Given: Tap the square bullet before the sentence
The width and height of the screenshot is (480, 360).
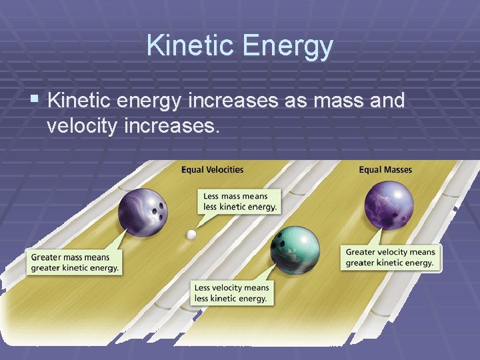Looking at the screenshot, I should click(35, 101).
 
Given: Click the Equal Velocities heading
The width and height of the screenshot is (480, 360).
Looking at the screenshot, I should click(212, 169).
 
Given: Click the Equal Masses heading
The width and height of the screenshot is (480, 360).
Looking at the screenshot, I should click(385, 169).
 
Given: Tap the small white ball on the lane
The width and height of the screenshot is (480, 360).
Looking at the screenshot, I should click(191, 234).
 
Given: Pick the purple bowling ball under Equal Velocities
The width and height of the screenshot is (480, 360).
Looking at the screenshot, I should click(143, 211).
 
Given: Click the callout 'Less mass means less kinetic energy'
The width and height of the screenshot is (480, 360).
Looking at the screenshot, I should click(240, 201).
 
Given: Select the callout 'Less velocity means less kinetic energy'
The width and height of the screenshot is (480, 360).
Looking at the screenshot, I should click(231, 293).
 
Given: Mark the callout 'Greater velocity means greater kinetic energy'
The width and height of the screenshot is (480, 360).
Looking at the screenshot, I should click(390, 257).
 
